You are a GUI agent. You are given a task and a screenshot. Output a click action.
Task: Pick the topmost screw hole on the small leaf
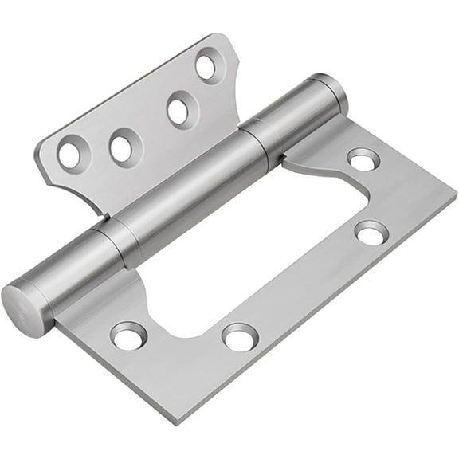point(207,66)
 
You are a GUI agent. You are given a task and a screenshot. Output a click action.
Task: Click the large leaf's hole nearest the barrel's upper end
point(363,160)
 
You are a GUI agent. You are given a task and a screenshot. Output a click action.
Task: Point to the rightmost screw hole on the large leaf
point(371,233)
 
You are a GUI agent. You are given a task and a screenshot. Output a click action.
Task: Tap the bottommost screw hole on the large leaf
point(240,337)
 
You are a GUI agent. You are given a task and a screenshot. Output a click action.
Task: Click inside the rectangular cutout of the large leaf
point(263,255)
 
